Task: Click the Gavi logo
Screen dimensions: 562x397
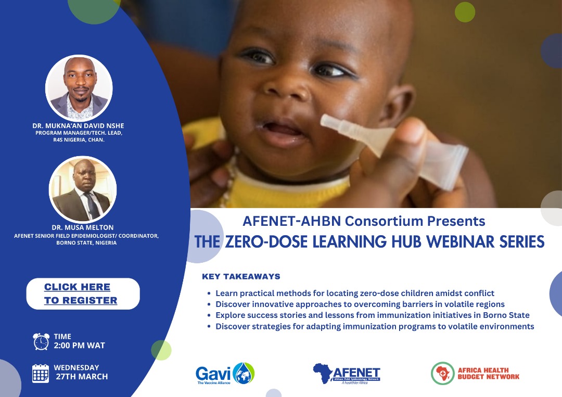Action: coord(225,374)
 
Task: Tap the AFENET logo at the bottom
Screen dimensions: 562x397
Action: coord(346,374)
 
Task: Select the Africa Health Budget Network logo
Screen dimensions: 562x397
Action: coord(475,374)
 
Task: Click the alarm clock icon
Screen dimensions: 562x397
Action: coord(41,341)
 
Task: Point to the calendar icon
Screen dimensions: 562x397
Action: coord(41,374)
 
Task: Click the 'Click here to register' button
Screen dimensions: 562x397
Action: coord(83,293)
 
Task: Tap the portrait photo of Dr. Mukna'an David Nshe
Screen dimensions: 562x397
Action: coord(79,88)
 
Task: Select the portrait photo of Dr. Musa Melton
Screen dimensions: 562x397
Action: coord(82,189)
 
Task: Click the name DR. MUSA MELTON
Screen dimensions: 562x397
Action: coord(82,227)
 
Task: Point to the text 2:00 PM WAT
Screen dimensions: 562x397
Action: coord(79,345)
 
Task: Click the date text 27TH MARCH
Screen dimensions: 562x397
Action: coord(82,377)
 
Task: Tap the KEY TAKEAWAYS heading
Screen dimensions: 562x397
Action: coord(241,276)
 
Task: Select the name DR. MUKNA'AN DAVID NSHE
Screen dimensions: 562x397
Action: coord(78,126)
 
